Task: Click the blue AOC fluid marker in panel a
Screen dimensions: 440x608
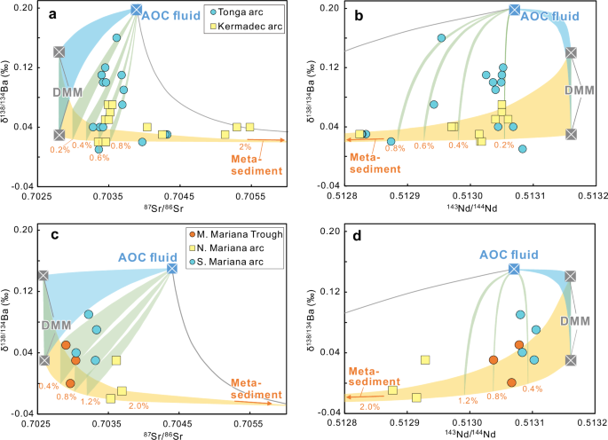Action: click(136, 10)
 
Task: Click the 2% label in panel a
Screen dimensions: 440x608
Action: click(246, 146)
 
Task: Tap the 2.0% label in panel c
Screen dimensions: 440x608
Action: click(139, 405)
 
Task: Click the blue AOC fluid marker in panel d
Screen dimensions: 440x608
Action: click(514, 270)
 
